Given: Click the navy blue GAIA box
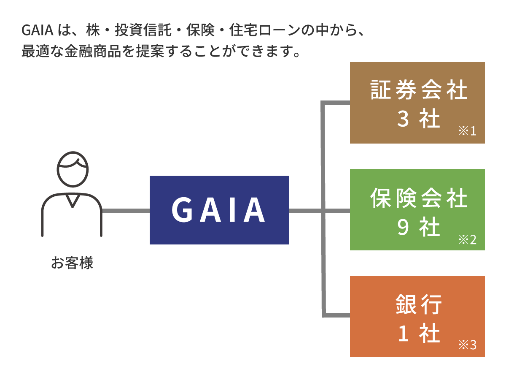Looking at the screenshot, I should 219,210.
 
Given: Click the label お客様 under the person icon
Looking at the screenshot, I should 72,263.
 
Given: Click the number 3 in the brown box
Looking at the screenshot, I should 403,120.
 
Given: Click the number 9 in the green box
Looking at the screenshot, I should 403,228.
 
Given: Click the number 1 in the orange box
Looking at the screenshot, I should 403,334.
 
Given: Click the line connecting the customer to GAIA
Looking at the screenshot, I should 126,210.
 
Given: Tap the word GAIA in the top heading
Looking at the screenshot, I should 37,31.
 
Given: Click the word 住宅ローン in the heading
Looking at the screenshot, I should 260,31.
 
